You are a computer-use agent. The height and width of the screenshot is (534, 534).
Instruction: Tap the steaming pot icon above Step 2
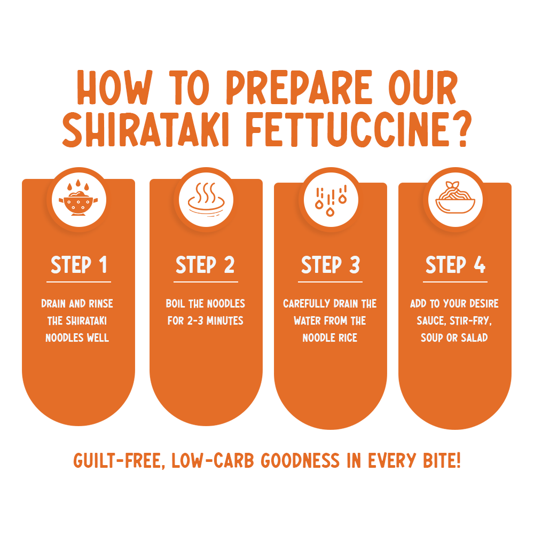(206, 200)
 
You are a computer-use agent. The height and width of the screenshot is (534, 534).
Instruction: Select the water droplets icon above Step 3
(331, 201)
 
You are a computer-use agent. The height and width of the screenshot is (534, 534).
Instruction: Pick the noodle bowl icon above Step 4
(456, 198)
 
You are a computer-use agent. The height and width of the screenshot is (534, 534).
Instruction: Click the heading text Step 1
(78, 265)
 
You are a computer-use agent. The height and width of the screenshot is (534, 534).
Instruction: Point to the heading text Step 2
(205, 265)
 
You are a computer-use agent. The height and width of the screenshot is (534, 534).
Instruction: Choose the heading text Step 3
(331, 265)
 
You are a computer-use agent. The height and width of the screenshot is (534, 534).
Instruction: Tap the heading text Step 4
(456, 265)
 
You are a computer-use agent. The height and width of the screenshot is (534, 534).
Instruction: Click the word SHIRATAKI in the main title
(145, 129)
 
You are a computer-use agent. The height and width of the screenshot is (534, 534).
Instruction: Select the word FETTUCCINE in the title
(348, 129)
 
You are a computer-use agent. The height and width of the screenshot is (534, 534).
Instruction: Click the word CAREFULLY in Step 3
(307, 303)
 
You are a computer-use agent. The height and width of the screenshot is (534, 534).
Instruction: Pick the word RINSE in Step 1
(101, 303)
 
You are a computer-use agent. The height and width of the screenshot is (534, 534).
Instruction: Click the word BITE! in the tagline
(442, 460)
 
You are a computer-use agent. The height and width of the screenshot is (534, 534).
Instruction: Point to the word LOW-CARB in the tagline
(213, 460)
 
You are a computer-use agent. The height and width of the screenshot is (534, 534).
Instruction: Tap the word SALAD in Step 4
(474, 338)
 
